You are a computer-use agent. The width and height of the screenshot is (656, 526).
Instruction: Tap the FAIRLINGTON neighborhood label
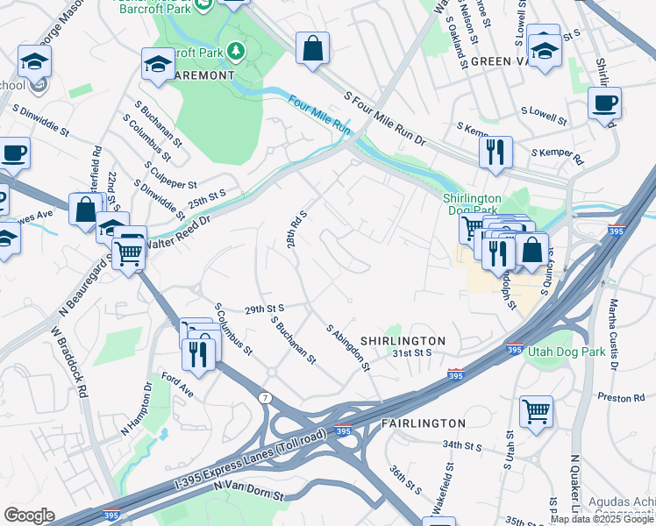(x=424, y=423)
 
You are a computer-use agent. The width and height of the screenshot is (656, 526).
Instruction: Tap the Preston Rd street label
(x=621, y=397)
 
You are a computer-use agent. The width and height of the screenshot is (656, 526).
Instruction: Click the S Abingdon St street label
(x=348, y=348)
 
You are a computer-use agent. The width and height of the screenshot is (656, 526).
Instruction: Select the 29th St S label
(x=266, y=309)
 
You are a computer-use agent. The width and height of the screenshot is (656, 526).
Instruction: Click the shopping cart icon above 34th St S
(x=536, y=410)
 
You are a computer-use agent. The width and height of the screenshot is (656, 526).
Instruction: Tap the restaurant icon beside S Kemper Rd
(x=496, y=152)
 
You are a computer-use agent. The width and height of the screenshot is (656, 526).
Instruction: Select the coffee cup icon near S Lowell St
(x=604, y=103)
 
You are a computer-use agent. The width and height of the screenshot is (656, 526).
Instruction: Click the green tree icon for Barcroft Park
(x=235, y=51)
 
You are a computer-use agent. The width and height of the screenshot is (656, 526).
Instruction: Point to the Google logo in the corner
(x=29, y=515)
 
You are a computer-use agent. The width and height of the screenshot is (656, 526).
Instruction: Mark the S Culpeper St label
(x=172, y=173)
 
